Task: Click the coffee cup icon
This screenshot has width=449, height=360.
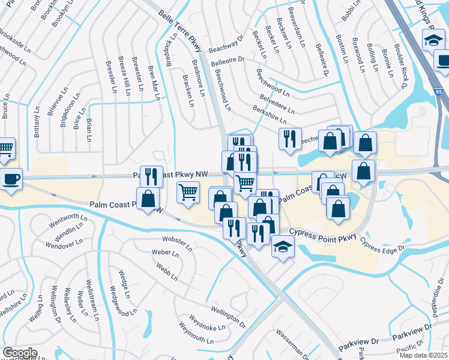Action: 11,178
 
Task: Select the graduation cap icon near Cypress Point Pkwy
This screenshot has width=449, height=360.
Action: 282,246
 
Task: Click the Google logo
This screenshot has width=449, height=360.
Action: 20,353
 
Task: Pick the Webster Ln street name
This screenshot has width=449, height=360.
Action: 176,242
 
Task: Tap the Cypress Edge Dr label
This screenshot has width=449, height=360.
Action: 382,244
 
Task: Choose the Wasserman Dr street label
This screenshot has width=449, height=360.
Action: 292,340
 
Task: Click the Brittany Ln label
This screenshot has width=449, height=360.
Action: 37,124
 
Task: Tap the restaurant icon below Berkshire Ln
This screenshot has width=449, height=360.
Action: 289,138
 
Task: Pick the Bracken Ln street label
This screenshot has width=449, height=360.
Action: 188,91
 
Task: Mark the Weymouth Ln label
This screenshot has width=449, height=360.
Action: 197,335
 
